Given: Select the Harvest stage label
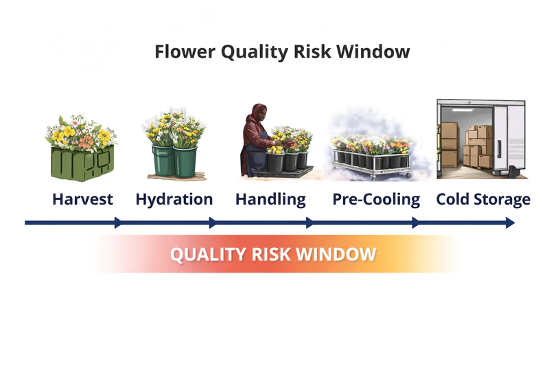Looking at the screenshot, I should [x=82, y=200].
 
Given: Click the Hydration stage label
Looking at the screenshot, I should [x=174, y=200].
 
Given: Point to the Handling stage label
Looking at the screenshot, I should [x=270, y=200].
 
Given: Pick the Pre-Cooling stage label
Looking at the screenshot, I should [x=376, y=200].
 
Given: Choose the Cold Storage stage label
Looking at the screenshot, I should [x=483, y=200].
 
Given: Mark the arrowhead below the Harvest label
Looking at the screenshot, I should [x=119, y=222].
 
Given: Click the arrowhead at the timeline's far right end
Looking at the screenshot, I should [x=510, y=222].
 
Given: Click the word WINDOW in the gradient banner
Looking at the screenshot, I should [x=337, y=255].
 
